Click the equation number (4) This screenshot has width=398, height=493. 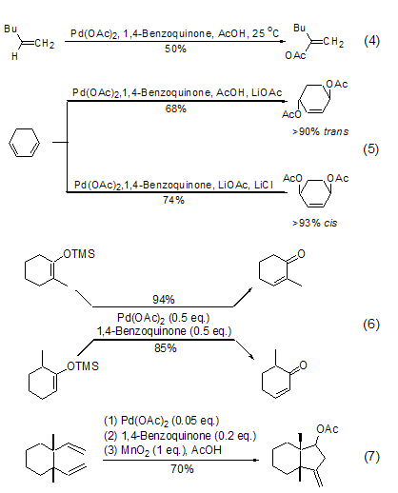[371, 41]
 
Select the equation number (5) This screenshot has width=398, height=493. [371, 149]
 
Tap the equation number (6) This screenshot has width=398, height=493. [371, 325]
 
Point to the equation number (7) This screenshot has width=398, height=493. [371, 457]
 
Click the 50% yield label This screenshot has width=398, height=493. [175, 49]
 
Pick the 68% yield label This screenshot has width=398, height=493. [176, 108]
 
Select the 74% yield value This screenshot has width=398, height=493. [173, 200]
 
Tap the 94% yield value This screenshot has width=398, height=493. [164, 299]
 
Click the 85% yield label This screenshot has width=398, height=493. [166, 348]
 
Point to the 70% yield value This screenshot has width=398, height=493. [182, 468]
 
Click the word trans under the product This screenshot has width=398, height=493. [336, 131]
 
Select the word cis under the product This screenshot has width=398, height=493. [330, 223]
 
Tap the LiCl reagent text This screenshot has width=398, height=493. [264, 185]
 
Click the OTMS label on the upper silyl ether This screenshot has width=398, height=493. [79, 254]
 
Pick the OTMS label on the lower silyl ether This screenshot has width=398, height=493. [83, 366]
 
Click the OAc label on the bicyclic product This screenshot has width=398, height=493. [328, 429]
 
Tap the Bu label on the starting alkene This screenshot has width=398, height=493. [10, 29]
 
